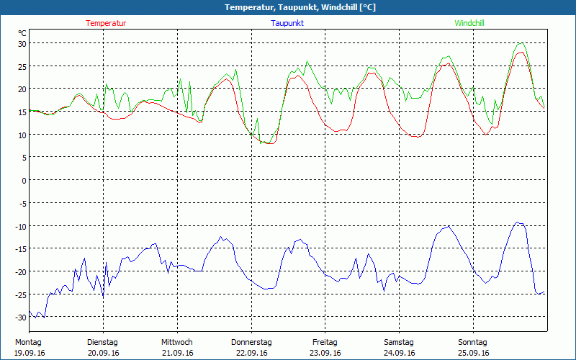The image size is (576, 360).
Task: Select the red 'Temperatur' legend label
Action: (x=106, y=23)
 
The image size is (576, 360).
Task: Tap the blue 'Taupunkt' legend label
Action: (x=287, y=23)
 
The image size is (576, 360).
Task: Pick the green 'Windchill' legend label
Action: (x=469, y=23)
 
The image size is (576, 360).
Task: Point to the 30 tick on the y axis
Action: (x=22, y=43)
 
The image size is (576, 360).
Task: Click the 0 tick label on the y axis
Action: (x=23, y=180)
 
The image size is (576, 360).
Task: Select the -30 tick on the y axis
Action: (x=20, y=317)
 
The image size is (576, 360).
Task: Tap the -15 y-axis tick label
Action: (x=20, y=248)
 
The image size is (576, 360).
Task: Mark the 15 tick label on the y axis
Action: (x=22, y=112)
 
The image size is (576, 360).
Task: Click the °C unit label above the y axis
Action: (x=22, y=32)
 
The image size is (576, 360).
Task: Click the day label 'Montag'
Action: (x=28, y=342)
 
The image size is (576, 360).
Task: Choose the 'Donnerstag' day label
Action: (x=251, y=342)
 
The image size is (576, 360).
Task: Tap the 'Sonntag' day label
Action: (x=472, y=342)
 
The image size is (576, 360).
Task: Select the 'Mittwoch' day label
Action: (x=176, y=342)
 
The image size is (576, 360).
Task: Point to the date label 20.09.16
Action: (x=103, y=353)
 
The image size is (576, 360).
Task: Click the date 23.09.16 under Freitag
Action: (x=325, y=353)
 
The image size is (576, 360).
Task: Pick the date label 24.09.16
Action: (x=398, y=353)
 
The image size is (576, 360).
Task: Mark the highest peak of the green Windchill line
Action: (x=521, y=43)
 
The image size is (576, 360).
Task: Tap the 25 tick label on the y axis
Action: (x=22, y=66)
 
